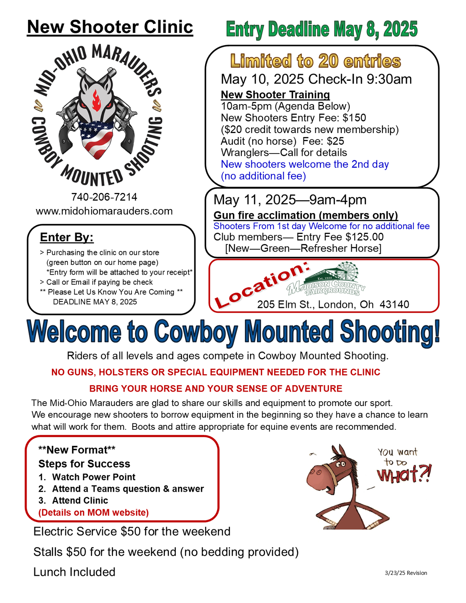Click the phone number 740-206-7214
(104, 197)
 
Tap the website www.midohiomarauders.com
(104, 211)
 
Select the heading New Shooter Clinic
(110, 27)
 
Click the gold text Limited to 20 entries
(316, 62)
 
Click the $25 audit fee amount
(335, 141)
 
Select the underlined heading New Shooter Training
(275, 95)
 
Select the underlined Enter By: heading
(67, 238)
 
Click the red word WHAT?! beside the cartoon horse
(404, 475)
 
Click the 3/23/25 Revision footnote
(406, 573)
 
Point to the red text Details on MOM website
(94, 513)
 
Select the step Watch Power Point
(93, 477)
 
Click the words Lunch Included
(74, 572)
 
